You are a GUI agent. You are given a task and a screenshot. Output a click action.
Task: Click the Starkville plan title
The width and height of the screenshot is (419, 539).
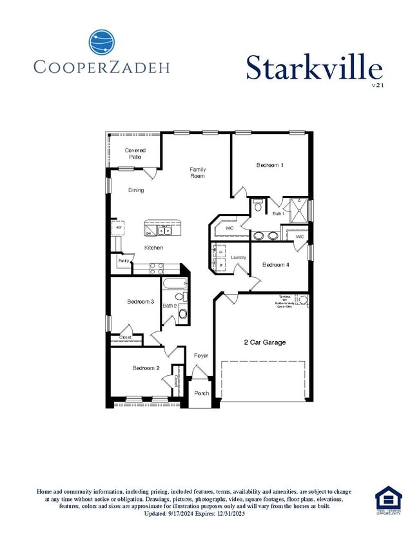click(314, 67)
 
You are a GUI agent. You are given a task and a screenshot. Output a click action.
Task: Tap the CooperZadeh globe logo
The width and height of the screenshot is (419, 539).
click(102, 43)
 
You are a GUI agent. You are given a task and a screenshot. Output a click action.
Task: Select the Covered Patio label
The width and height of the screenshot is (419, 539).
click(135, 153)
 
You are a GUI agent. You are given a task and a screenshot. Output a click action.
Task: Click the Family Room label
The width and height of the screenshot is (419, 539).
click(197, 173)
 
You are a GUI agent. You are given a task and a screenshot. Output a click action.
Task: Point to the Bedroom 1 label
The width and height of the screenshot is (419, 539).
click(269, 166)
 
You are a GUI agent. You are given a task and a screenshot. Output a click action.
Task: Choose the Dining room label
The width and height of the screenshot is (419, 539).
click(136, 190)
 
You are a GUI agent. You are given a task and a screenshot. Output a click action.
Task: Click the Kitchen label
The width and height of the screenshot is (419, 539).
click(153, 248)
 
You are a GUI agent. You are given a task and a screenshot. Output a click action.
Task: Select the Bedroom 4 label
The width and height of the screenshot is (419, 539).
click(275, 265)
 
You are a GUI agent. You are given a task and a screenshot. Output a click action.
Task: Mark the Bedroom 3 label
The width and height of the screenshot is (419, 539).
click(140, 302)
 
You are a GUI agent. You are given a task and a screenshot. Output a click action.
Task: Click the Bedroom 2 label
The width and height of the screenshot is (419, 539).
click(146, 368)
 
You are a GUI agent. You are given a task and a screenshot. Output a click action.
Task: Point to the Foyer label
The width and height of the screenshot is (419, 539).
click(201, 355)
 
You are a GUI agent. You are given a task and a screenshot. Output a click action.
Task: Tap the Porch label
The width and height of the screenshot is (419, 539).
click(200, 393)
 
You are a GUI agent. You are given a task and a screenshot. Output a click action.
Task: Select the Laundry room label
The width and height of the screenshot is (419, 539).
click(239, 258)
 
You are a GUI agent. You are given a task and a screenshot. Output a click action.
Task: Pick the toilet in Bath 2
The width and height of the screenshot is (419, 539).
click(182, 314)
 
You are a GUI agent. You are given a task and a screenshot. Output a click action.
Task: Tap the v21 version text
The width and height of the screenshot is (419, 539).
click(378, 84)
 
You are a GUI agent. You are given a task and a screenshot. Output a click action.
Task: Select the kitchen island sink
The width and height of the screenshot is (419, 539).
click(164, 229)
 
